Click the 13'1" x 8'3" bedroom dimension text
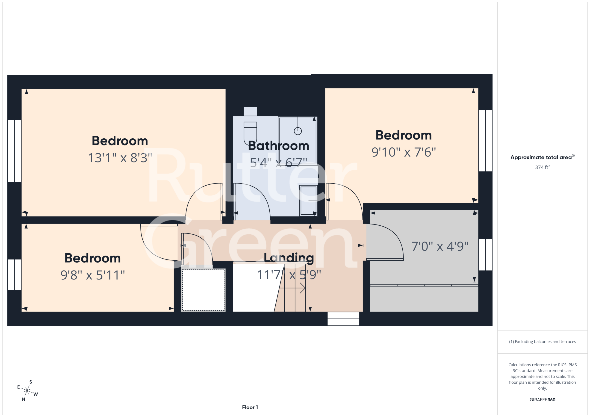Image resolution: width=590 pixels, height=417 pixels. pos(120,158)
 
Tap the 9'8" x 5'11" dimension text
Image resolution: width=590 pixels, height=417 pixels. pos(93,275)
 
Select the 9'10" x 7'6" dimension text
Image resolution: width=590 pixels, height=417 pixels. pos(404,152)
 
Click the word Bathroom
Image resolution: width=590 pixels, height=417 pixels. pos(279,146)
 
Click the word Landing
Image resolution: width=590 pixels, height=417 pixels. pos(289,258)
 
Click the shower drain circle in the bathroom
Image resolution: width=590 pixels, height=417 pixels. pos(298,131)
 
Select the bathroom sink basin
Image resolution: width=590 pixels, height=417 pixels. pos(308,201)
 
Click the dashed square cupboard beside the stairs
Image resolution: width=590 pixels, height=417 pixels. pos(203,290)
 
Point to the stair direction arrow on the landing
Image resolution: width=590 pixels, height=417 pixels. pos(292,288)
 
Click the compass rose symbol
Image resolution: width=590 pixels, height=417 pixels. pos(27,391)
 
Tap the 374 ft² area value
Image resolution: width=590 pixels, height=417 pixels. pos(543,167)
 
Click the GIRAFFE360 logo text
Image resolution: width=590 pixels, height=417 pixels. pos(543,400)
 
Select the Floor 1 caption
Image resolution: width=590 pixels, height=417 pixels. pos(250,407)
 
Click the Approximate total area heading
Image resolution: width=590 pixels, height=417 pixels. pos(543,157)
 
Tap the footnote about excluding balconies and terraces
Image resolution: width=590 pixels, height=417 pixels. pos(543,341)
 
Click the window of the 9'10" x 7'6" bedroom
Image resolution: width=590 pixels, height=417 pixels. pos(485,141)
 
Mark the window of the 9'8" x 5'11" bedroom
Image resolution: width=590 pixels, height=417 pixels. pos(14,274)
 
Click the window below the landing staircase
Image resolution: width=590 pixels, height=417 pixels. pos(343,319)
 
